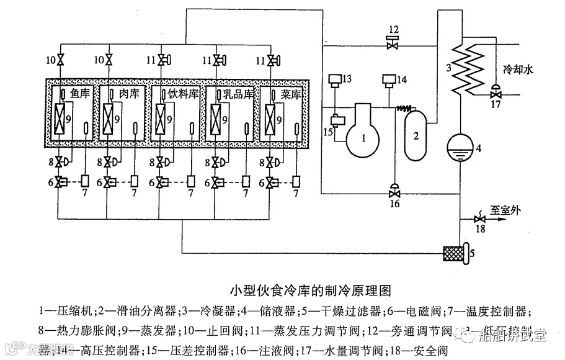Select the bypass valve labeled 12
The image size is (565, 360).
click(x=393, y=45)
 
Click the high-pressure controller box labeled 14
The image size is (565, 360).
click(x=389, y=79)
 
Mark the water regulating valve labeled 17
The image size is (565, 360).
click(x=495, y=94)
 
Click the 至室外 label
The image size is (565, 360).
click(x=507, y=209)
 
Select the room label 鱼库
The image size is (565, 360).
click(x=80, y=93)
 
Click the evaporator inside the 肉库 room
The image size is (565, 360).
click(x=110, y=117)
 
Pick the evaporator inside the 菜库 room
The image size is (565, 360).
click(x=272, y=117)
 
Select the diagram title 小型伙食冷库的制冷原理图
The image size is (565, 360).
click(x=312, y=290)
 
